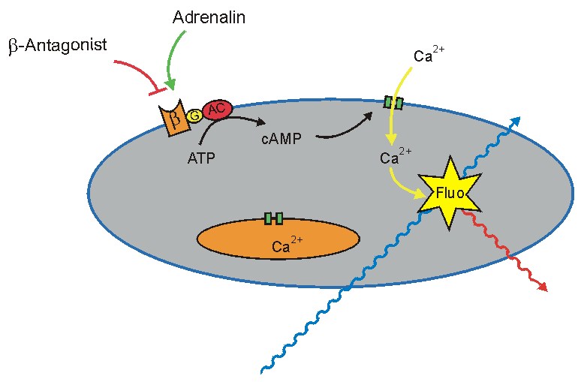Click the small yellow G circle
click(x=194, y=115)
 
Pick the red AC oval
click(x=216, y=110)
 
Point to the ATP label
click(x=200, y=158)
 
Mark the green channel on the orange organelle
click(x=273, y=218)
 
